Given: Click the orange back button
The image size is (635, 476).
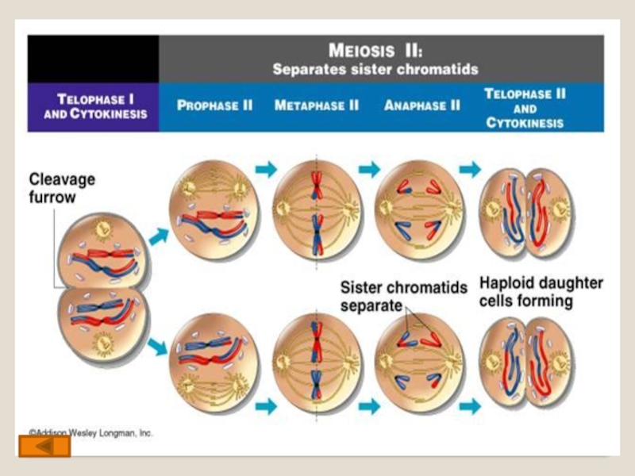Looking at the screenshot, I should pyautogui.click(x=44, y=447).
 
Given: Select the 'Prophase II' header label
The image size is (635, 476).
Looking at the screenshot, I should pyautogui.click(x=214, y=105).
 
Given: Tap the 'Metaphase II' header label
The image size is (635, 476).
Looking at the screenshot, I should pyautogui.click(x=317, y=105).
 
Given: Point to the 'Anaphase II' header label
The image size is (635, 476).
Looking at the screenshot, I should pyautogui.click(x=421, y=105).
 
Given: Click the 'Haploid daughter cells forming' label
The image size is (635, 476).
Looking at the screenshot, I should pyautogui.click(x=541, y=292).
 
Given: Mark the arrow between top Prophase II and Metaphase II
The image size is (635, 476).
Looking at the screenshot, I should pyautogui.click(x=267, y=169).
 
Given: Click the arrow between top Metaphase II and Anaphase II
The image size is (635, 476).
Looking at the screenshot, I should pyautogui.click(x=369, y=169).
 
